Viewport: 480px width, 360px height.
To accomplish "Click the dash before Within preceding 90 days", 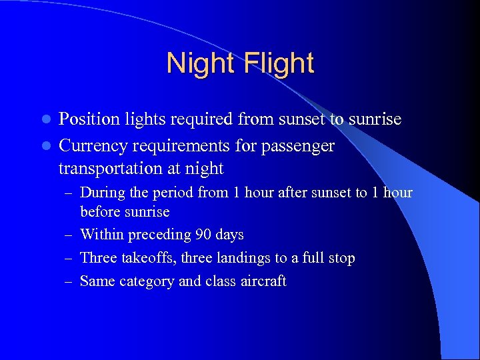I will [68, 235].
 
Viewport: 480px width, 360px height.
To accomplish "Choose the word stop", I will [341, 258].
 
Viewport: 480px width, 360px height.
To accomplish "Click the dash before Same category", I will [68, 282].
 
